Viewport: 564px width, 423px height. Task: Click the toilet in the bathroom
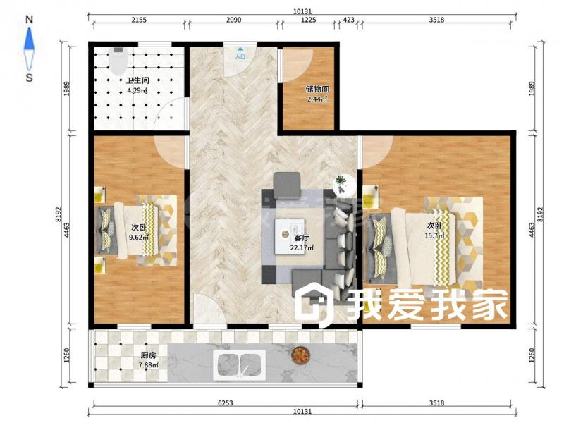tap(118, 61)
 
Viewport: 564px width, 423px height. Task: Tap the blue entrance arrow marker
tap(240, 49)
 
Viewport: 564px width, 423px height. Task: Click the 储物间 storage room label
tap(317, 90)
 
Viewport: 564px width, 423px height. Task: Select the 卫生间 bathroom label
tap(137, 80)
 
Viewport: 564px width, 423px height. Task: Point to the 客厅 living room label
tap(302, 238)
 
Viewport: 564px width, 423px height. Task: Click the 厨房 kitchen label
tap(148, 355)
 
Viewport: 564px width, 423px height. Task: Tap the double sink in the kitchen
tap(240, 364)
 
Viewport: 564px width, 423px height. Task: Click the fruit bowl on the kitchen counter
tap(300, 355)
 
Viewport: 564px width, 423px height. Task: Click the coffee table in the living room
tap(290, 236)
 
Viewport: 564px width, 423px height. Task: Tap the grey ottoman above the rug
tap(287, 185)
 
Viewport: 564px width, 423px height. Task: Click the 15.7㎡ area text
tap(434, 236)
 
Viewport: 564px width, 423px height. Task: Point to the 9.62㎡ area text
tap(138, 238)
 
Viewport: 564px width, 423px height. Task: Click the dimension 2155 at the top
tap(139, 20)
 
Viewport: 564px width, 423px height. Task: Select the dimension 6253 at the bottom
tap(226, 403)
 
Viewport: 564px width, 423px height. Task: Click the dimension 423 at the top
tap(348, 20)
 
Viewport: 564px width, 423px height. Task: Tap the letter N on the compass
tap(30, 20)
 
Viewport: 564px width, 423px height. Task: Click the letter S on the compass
tap(30, 78)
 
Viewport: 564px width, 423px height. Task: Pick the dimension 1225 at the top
tap(308, 20)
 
